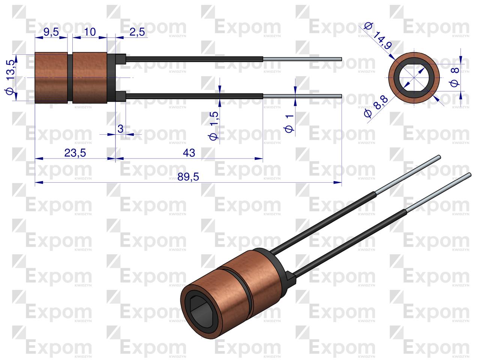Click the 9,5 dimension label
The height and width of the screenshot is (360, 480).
51,32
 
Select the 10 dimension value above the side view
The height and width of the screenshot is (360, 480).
90,32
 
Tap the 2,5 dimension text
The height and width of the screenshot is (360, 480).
137,32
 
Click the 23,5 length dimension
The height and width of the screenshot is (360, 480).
75,153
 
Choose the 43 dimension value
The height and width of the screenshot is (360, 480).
189,153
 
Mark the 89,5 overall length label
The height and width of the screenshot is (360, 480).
188,177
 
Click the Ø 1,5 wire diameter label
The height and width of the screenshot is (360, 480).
213,126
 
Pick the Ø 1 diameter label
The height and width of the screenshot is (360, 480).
289,123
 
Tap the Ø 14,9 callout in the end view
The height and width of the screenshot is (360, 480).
378,36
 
